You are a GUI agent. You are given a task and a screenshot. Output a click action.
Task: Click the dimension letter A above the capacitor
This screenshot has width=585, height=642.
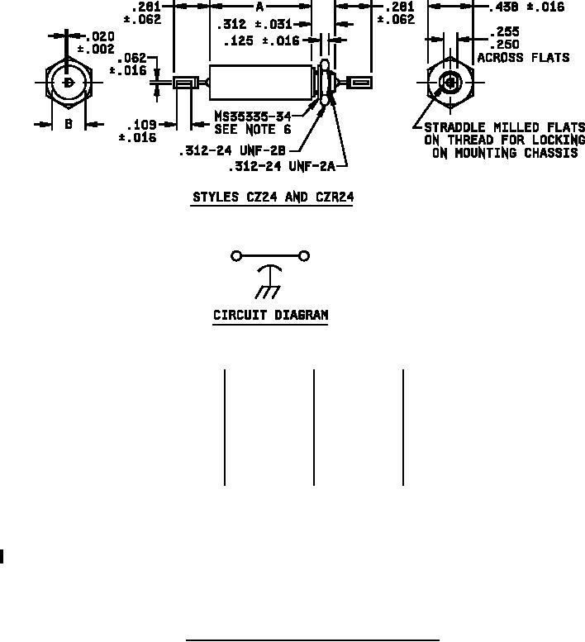[x=259, y=7]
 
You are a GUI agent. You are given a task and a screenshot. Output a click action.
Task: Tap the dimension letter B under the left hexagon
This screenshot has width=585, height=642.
[x=69, y=124]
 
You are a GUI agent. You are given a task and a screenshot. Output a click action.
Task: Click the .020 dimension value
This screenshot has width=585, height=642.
[x=100, y=37]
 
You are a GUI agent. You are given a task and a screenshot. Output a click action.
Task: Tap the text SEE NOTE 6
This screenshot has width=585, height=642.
[x=252, y=130]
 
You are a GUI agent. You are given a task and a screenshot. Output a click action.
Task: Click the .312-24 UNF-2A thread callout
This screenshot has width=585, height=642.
[x=282, y=166]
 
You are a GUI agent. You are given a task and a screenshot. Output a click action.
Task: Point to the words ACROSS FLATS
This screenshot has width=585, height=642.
[x=523, y=58]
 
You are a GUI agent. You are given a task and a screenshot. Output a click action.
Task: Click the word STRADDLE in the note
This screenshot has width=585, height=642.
[x=454, y=127]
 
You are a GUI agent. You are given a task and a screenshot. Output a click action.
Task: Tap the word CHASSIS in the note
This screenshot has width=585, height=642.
[x=549, y=154]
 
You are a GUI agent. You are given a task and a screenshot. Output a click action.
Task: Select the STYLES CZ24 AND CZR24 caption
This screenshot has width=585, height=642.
[x=272, y=197]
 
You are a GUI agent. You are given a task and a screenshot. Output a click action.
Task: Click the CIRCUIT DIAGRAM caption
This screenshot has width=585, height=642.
[x=271, y=315]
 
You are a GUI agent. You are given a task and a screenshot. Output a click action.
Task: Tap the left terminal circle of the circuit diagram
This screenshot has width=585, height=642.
[x=236, y=256]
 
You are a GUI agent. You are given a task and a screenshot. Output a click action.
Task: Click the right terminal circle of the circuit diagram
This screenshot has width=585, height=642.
[x=305, y=256]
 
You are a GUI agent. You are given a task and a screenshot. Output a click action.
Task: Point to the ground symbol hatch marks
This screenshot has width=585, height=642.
[x=265, y=292]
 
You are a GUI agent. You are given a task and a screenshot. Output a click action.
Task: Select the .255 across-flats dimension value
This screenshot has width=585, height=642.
[x=503, y=32]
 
